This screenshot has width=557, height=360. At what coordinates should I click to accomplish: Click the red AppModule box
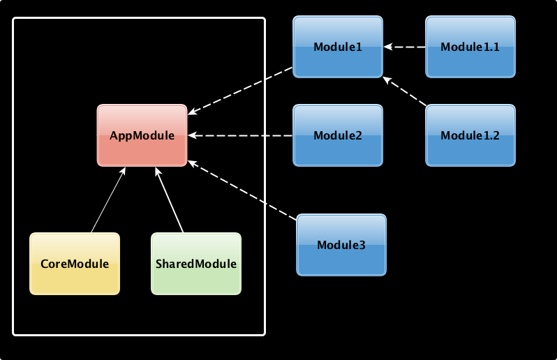tap(142, 135)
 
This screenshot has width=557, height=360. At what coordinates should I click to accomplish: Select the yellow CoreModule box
tap(75, 264)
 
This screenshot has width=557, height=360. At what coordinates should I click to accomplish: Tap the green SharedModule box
tap(196, 264)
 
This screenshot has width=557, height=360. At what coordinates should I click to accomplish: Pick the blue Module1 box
tap(338, 47)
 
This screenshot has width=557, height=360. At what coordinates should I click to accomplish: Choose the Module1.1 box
tap(470, 47)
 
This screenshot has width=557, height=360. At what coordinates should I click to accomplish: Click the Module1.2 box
tap(470, 135)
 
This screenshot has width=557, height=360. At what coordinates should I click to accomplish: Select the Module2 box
tap(338, 135)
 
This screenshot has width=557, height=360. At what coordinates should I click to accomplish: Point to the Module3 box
tap(341, 245)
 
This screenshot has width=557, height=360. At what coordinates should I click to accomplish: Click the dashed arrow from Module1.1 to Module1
tap(405, 47)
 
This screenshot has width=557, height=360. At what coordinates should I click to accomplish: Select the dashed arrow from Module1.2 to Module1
tap(404, 91)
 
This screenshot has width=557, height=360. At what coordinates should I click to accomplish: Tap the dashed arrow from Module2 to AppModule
tap(240, 135)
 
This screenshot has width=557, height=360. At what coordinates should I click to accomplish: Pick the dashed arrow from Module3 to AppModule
tap(242, 190)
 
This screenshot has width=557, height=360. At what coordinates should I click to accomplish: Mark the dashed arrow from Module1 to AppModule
tap(240, 91)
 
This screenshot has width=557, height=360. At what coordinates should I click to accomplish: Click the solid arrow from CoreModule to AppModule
tap(108, 200)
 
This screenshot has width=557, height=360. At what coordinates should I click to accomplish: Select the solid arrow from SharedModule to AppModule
tap(169, 200)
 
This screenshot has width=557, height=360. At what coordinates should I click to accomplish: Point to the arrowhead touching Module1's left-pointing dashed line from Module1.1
tap(388, 47)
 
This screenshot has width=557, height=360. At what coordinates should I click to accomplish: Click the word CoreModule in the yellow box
tap(75, 264)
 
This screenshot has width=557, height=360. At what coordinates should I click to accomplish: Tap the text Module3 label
tap(341, 245)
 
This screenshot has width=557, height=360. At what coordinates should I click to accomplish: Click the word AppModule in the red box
tap(142, 135)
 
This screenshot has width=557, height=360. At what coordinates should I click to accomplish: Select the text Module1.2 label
tap(470, 135)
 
